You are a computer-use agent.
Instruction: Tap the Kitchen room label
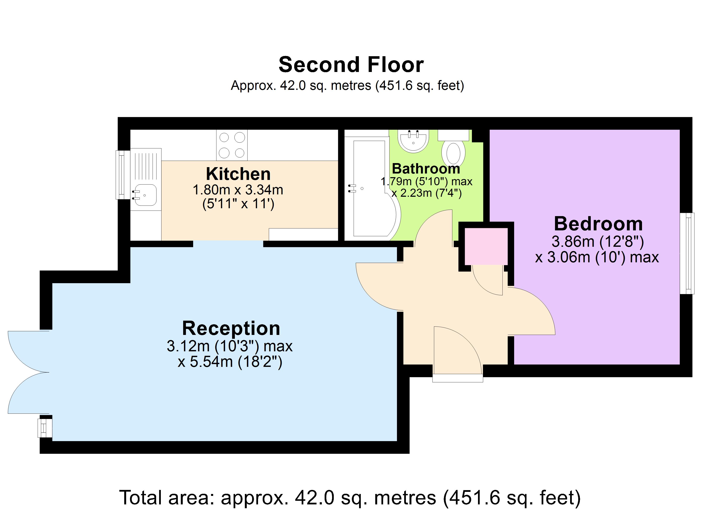pos(238,174)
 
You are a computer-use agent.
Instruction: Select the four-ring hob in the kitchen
pos(232,145)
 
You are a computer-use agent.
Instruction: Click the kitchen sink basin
pos(145,195)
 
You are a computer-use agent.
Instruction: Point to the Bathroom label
pos(426,169)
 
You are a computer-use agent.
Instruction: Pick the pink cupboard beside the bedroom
pos(486,246)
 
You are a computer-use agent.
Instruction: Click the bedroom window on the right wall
pos(686,253)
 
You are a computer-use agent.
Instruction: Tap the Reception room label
pos(231,329)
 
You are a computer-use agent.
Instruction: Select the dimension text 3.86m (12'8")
pos(598,242)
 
